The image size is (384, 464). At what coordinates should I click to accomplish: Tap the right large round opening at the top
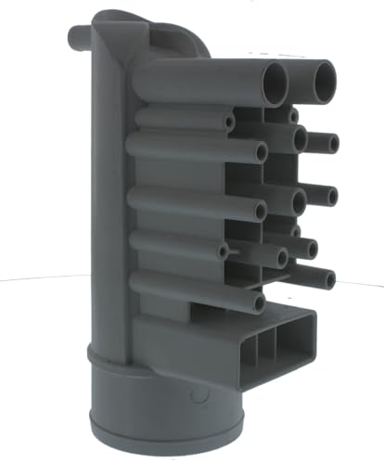tap(324, 80)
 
